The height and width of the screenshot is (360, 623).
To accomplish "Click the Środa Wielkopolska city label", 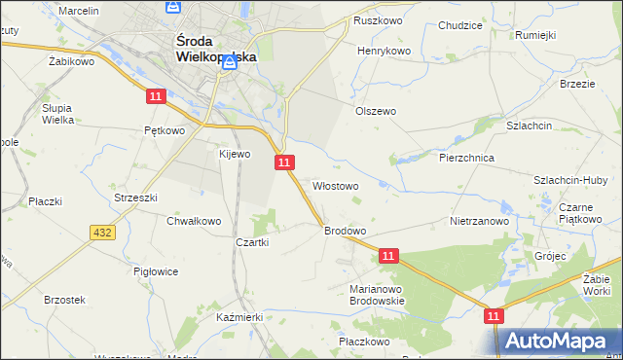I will tap(215, 49).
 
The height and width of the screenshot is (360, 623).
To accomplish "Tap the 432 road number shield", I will tap(102, 232).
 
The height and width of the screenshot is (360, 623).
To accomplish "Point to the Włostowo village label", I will tap(336, 185).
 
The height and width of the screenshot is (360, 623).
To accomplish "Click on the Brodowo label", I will tap(345, 231).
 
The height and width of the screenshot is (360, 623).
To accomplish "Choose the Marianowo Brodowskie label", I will tap(377, 295).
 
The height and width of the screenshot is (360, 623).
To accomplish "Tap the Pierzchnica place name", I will tap(467, 158).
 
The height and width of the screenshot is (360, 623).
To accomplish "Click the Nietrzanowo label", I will tap(481, 221).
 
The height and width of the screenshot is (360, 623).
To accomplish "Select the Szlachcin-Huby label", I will tap(570, 180).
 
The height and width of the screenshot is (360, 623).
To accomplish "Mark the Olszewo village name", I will tap(375, 111).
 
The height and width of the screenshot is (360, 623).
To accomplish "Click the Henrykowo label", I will tap(385, 51).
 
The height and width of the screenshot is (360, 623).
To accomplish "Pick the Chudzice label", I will tap(461, 26).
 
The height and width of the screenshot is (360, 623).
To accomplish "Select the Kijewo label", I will tap(235, 154).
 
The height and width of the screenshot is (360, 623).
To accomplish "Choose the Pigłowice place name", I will tap(156, 271).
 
